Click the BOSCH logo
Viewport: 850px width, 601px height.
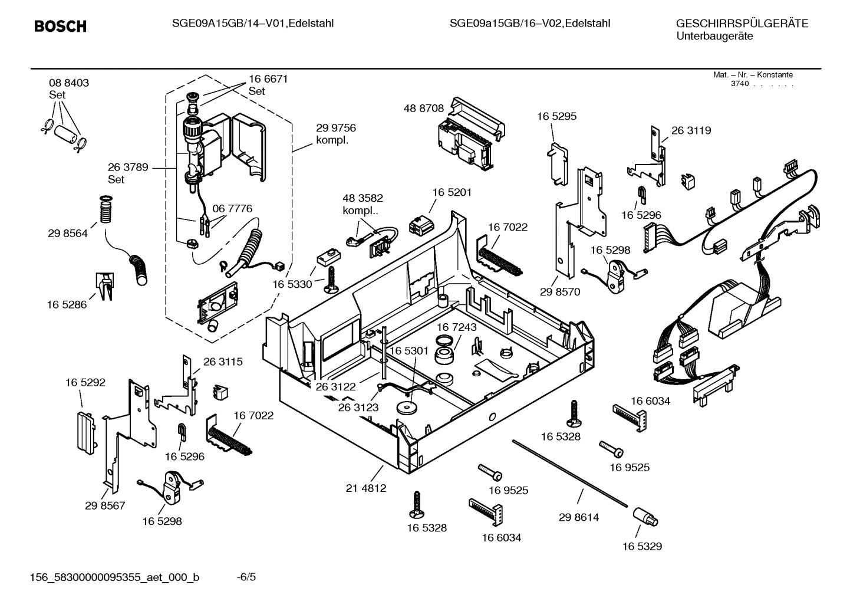pos(60,27)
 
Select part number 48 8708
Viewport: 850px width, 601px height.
pos(423,109)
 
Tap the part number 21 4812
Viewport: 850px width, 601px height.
pos(365,488)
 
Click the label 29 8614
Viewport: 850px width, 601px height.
pos(578,517)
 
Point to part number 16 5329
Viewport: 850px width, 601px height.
pos(642,546)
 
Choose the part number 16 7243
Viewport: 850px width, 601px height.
pos(457,327)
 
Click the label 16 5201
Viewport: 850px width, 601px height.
pos(452,192)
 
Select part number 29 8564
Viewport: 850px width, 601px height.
pos(67,234)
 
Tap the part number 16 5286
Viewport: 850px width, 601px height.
pos(66,304)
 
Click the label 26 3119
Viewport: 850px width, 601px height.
pos(691,130)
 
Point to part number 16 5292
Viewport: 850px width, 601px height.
pos(85,382)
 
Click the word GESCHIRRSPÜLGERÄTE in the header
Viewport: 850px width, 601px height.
pos(742,24)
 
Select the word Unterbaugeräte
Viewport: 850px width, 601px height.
pos(714,37)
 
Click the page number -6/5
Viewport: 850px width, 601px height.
pos(246,577)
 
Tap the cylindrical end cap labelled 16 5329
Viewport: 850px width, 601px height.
pos(645,517)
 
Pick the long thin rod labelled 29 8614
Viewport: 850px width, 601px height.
pos(569,472)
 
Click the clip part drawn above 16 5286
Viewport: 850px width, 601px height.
pos(104,286)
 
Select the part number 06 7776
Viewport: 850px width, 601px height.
pos(232,209)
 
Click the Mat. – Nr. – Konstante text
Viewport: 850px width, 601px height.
pos(753,75)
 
